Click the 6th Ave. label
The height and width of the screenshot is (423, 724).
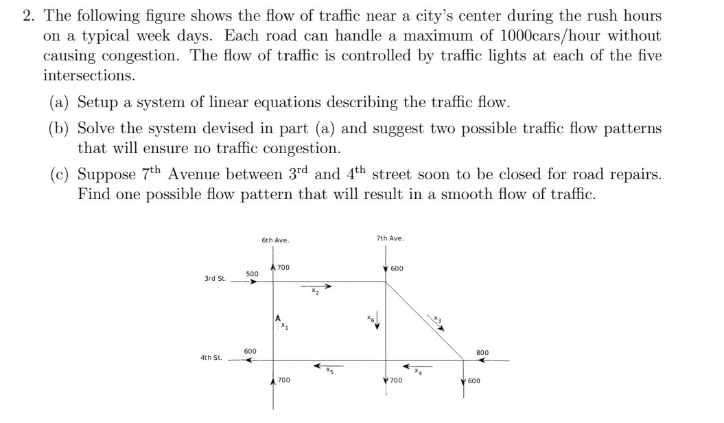(275, 240)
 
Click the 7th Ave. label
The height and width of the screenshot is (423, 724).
(390, 238)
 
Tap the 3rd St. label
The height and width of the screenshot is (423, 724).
(215, 279)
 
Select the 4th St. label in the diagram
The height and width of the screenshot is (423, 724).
(210, 358)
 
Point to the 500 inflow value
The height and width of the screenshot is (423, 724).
(252, 273)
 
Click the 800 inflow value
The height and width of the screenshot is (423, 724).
(482, 352)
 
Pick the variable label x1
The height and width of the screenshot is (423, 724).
(285, 327)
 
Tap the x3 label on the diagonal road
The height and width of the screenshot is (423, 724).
(439, 319)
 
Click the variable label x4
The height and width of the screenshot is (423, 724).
(417, 371)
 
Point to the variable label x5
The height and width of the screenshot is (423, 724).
(329, 371)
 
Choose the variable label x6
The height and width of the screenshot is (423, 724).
(370, 318)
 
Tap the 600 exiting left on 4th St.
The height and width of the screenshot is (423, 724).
(250, 352)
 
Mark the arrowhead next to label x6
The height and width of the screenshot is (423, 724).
(377, 325)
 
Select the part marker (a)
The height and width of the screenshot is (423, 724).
(60, 102)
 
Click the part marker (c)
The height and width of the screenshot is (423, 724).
(60, 175)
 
